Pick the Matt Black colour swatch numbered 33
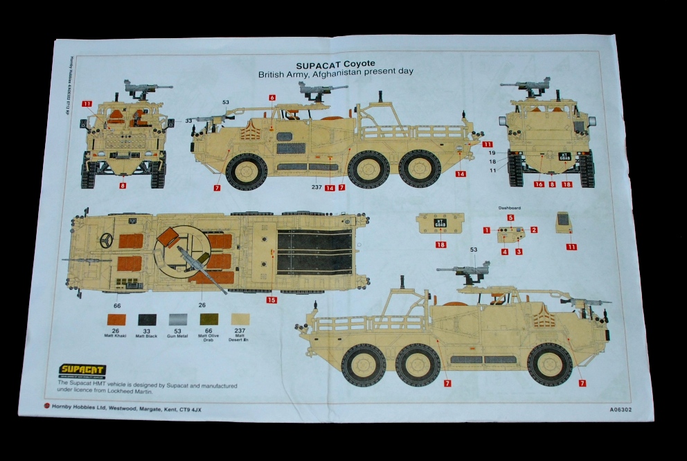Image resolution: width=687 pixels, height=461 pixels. (x=147, y=320)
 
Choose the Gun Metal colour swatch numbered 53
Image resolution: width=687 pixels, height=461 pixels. (x=178, y=320)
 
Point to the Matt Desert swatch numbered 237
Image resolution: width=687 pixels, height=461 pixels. (x=240, y=320)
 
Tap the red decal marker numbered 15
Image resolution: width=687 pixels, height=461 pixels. (x=271, y=300)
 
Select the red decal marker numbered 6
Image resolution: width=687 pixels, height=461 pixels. (x=272, y=98)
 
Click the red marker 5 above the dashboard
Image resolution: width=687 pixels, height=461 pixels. (x=510, y=218)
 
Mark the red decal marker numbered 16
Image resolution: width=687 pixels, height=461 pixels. (x=538, y=184)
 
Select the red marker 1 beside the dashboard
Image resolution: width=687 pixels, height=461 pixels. (x=487, y=230)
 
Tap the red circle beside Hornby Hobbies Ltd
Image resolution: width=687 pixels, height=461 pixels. (x=46, y=406)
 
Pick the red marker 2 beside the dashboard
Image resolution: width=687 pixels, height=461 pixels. (x=534, y=230)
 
